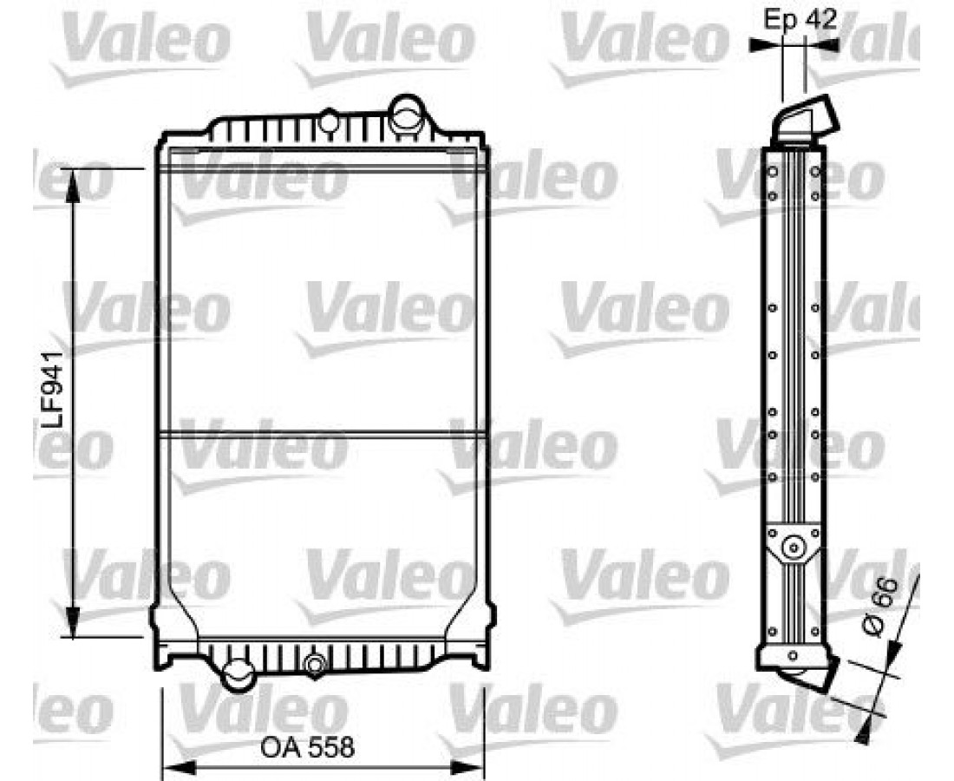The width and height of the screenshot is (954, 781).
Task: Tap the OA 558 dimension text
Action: (307, 747)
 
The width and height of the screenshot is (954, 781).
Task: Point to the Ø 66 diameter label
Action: (882, 607)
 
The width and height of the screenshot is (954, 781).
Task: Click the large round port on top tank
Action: (406, 114)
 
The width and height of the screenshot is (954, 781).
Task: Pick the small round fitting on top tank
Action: (329, 121)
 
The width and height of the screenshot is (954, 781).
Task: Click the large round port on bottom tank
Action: (237, 674)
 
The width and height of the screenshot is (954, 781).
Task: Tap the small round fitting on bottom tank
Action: (315, 664)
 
